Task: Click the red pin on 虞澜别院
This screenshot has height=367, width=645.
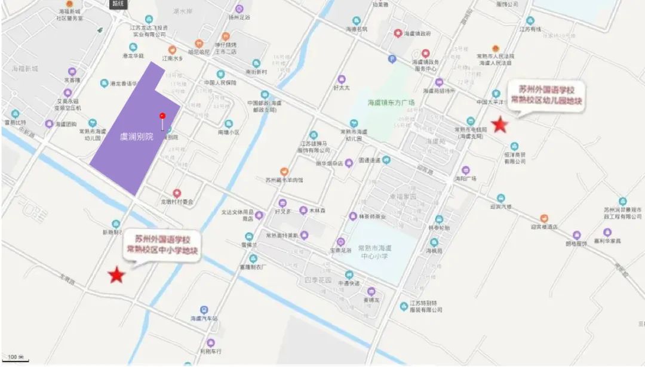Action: (162, 116)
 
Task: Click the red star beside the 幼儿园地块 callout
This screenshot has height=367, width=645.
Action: (499, 125)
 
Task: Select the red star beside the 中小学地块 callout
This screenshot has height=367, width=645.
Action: (116, 275)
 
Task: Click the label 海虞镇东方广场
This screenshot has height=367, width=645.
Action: (392, 103)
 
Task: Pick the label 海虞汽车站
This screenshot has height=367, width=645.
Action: (204, 319)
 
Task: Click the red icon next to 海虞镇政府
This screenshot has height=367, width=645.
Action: (398, 33)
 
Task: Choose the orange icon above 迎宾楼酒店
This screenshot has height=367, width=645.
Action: (543, 218)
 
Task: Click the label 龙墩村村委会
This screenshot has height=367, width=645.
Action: (177, 202)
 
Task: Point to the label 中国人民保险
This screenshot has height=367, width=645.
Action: (220, 82)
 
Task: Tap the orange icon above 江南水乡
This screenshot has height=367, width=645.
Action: (172, 50)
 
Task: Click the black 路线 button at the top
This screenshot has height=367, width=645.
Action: (119, 4)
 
